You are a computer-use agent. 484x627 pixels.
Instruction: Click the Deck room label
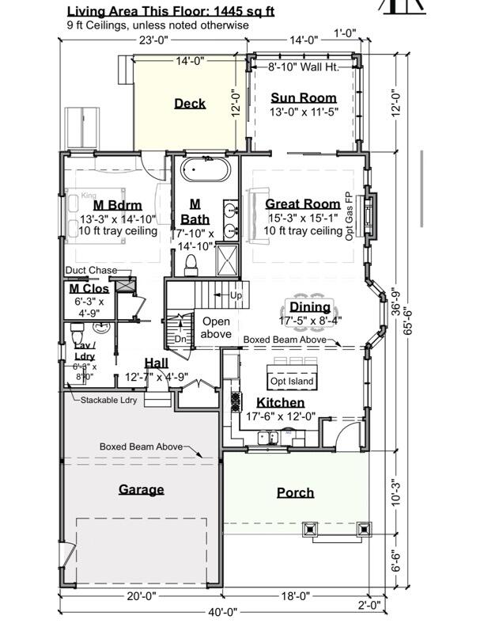[190, 103]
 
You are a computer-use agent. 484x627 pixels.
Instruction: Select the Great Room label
[303, 203]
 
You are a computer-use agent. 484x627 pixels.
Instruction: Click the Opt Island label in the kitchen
[292, 382]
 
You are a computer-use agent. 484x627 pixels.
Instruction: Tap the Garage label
[141, 489]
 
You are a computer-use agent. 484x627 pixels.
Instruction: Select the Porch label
[295, 492]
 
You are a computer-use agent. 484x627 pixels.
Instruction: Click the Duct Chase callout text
[91, 271]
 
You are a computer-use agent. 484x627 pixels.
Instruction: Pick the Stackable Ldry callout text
[108, 400]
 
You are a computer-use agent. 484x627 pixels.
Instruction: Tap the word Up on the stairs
[236, 294]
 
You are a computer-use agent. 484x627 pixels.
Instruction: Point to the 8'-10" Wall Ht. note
[303, 67]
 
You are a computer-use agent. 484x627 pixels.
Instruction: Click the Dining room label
[310, 307]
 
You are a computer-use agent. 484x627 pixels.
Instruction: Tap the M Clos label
[89, 289]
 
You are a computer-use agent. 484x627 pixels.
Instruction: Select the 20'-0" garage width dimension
[141, 596]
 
